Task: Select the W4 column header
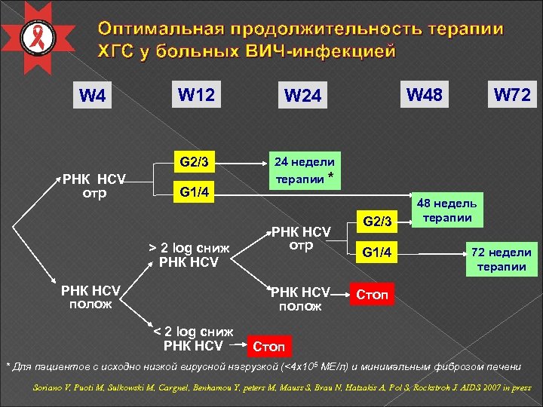point(92,96)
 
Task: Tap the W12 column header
point(195,95)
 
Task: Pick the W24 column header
point(302,96)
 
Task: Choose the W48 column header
point(425,95)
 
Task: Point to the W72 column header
point(511,96)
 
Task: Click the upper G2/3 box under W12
point(194,161)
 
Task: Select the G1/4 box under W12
point(194,191)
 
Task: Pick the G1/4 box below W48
point(377,251)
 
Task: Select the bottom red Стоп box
point(268,347)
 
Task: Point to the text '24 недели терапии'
point(304,170)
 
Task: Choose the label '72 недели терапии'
point(501,259)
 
